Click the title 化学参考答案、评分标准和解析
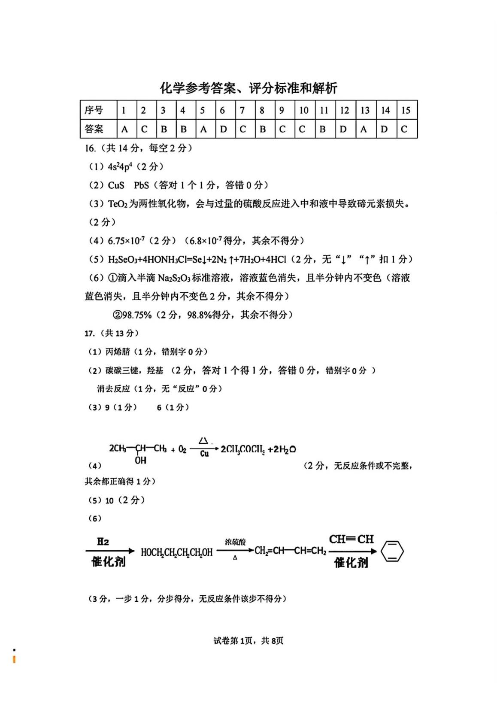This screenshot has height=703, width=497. [x=248, y=88]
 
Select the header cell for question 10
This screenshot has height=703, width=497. [x=304, y=110]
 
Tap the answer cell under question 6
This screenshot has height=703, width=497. [x=223, y=129]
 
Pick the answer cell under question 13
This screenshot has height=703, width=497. [x=364, y=129]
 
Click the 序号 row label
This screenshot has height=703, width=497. [x=94, y=110]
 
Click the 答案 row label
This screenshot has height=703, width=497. [x=94, y=129]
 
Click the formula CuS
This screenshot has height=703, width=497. [x=116, y=185]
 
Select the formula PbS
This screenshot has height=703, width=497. [x=141, y=185]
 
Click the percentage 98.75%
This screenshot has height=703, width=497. [x=137, y=315]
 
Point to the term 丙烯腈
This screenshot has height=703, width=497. [x=118, y=351]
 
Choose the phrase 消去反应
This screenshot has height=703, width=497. [x=113, y=388]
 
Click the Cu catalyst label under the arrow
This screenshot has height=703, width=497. [x=204, y=454]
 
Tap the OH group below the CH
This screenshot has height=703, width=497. [x=140, y=460]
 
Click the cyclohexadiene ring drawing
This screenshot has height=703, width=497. [x=392, y=551]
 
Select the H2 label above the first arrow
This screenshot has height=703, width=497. [x=103, y=542]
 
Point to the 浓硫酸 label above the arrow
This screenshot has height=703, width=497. [x=235, y=542]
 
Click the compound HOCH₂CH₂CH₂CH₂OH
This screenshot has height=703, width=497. [x=176, y=552]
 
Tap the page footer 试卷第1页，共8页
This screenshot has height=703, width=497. [x=248, y=641]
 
